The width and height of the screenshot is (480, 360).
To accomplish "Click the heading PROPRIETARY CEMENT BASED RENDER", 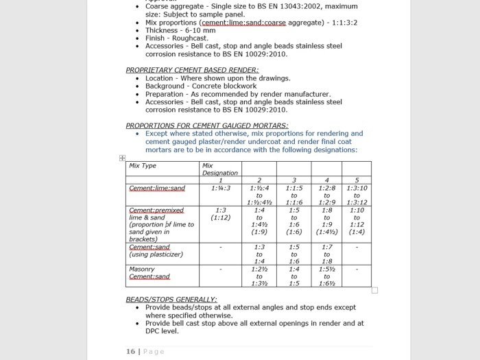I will coord(192,70).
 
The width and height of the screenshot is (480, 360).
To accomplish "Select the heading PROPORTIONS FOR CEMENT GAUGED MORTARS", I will coord(206,125).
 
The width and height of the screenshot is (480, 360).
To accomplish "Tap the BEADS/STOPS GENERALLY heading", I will coord(171,300).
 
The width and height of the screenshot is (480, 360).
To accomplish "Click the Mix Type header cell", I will coord(143,166).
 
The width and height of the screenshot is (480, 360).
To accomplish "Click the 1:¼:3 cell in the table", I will coord(220,188).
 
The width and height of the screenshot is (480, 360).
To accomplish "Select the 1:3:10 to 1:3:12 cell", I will coord(356,195).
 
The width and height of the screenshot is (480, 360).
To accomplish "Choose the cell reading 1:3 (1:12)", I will coord(220,214).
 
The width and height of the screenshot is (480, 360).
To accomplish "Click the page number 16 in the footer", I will coord(130,351).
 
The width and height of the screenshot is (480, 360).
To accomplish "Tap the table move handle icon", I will coord(123,158).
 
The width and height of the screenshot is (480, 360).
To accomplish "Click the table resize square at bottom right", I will coord(374,290).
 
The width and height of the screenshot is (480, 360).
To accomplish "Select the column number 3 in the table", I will coord(293,180).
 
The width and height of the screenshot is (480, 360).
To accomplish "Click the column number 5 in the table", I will coord(356,180).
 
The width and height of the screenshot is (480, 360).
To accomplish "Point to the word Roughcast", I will coord(189,38).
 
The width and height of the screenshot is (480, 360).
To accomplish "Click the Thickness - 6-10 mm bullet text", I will coord(181,30).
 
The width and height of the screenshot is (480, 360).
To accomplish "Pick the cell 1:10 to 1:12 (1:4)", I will coord(356,221).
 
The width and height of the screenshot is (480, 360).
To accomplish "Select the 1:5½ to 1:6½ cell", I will coord(326,276).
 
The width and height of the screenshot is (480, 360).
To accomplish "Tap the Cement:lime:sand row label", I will coord(157,188).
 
